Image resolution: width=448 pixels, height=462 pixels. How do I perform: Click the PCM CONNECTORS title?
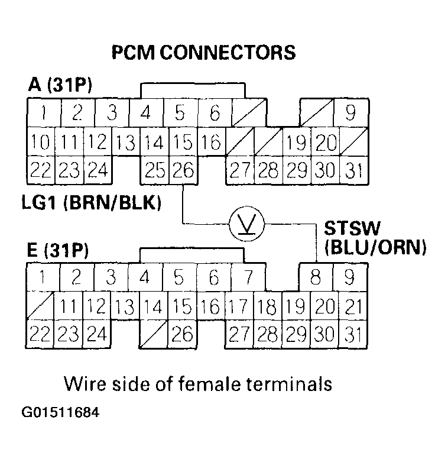pos(203,53)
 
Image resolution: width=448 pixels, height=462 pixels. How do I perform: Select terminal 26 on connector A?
pos(183,170)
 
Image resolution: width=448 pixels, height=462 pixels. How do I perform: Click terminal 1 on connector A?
pos(41,112)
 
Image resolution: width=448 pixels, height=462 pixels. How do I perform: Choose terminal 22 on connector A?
pos(41,170)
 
